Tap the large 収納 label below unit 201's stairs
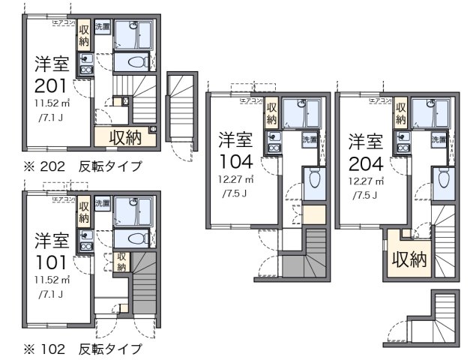(x=124, y=136)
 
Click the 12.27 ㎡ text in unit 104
(x=235, y=180)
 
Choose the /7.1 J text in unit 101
(x=51, y=294)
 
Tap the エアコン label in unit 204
(x=382, y=99)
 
